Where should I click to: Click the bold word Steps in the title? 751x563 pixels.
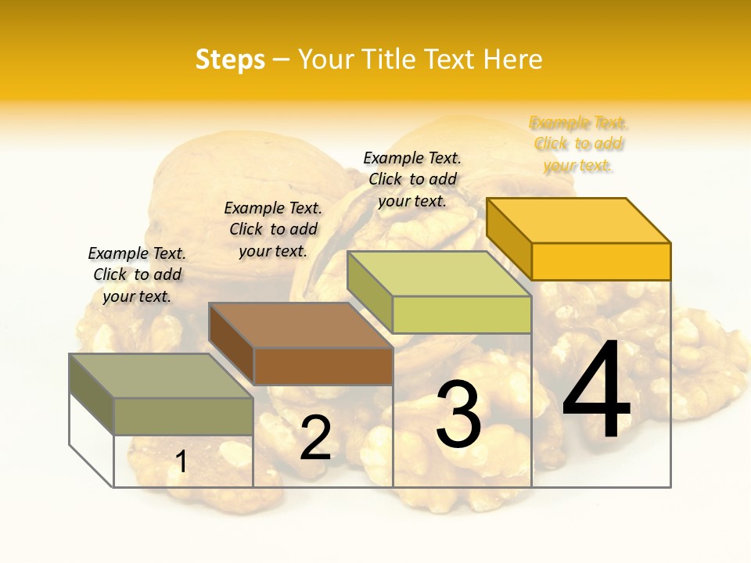pos(230,59)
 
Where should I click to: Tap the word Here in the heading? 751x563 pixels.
pos(512,59)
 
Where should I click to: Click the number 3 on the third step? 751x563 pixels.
pos(458,414)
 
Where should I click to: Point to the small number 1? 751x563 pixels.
pos(181,462)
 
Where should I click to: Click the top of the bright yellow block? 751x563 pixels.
pos(579,221)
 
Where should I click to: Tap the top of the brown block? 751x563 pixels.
pos(300,325)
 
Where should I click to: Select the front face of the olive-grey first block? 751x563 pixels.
pos(183,416)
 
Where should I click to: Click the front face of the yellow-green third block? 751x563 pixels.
pos(462,314)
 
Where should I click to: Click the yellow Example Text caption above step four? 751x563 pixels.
pos(578,144)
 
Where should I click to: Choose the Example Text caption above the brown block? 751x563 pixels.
pos(273,229)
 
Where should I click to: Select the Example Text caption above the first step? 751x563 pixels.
pos(137,274)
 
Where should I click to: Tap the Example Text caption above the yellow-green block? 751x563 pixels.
pos(412,179)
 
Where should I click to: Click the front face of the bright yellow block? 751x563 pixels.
pos(601,261)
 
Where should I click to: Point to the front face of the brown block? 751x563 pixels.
pos(323,366)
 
